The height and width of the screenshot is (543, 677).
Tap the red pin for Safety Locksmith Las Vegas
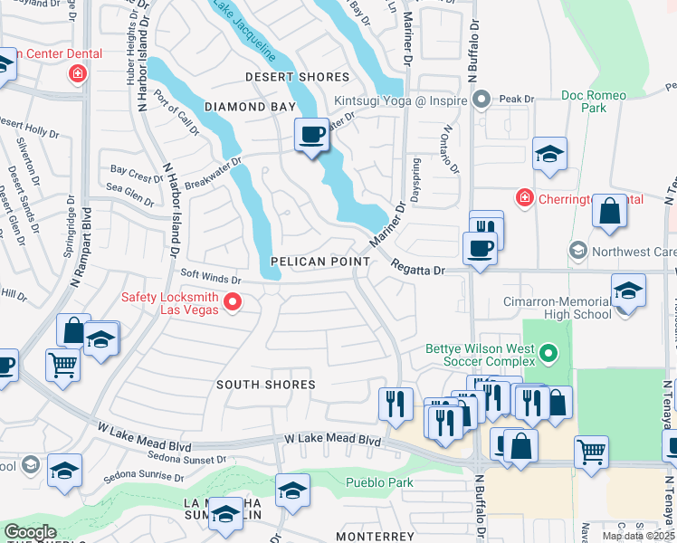(233, 302)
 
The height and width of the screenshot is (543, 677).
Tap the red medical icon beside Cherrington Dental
(524, 197)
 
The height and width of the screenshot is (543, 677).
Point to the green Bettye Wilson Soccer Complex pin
(546, 352)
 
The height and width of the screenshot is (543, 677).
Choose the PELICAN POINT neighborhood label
(320, 262)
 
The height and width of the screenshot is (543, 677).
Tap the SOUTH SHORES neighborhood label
(266, 385)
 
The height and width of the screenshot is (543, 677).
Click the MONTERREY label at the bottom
(375, 537)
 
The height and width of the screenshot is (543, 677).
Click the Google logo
(30, 532)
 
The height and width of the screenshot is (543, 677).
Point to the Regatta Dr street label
(419, 269)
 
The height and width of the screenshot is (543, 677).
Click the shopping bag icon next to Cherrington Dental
(610, 211)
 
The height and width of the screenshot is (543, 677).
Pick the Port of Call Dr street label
(177, 113)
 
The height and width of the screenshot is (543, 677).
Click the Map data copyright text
(638, 536)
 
